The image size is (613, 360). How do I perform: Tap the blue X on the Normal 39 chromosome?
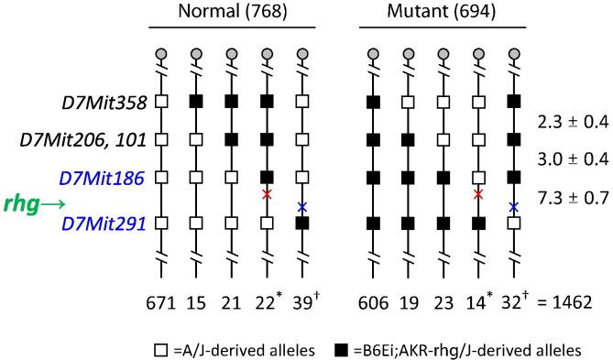(301, 207)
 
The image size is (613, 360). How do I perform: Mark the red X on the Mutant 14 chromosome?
(478, 194)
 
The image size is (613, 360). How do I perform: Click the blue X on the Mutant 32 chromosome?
(513, 207)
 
